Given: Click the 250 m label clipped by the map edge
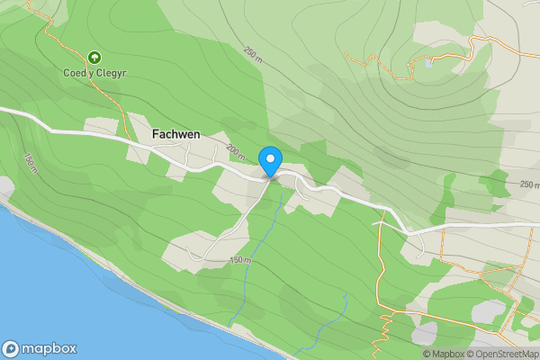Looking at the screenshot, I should tap(529, 184).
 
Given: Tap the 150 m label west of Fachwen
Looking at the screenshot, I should tap(31, 163).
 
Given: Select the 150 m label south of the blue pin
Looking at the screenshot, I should tap(240, 260).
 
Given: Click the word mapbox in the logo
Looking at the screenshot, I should tap(49, 348).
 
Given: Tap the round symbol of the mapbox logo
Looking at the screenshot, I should tap(11, 348).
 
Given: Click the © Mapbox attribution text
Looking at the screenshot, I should tap(443, 354).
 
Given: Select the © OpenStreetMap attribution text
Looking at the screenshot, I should tap(502, 354).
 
